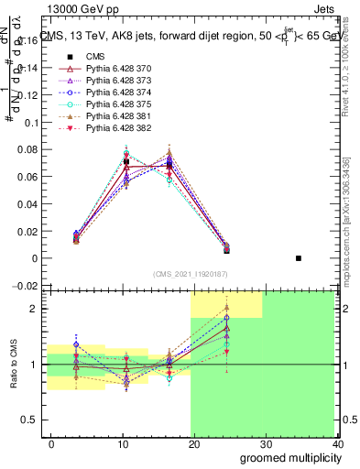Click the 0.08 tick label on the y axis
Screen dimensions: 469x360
pyautogui.click(x=27, y=150)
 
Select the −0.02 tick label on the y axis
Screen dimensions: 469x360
pyautogui.click(x=25, y=287)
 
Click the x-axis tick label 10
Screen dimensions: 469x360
pyautogui.click(x=123, y=444)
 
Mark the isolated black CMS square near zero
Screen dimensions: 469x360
pyautogui.click(x=299, y=258)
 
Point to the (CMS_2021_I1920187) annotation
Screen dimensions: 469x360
pyautogui.click(x=191, y=273)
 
